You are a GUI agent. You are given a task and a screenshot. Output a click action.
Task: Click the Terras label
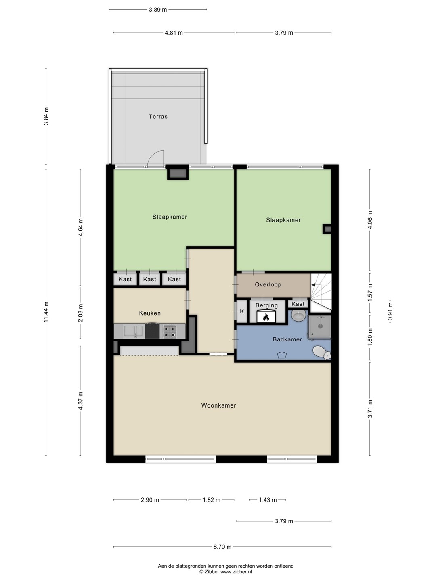pyautogui.click(x=158, y=117)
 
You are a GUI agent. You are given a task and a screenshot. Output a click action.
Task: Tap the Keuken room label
pyautogui.click(x=150, y=313)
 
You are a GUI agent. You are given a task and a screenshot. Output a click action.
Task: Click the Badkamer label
pyautogui.click(x=287, y=339)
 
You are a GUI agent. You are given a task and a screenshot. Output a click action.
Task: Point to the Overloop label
pyautogui.click(x=268, y=284)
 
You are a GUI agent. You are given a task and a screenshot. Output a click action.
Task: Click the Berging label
pyautogui.click(x=266, y=305)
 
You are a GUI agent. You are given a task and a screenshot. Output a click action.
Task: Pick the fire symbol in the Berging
pyautogui.click(x=266, y=317)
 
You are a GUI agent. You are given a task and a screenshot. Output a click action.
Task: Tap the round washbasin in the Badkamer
pyautogui.click(x=299, y=315)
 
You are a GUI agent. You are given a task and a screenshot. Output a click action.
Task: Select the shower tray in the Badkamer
pyautogui.click(x=319, y=327)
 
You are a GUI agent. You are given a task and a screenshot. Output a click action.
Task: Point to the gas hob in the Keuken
pyautogui.click(x=169, y=331)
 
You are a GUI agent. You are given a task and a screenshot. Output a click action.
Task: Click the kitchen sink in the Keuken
pyautogui.click(x=134, y=331)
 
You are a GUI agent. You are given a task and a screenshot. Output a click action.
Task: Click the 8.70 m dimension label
pyautogui.click(x=222, y=547)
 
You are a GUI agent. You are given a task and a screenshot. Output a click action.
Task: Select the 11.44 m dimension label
pyautogui.click(x=46, y=312)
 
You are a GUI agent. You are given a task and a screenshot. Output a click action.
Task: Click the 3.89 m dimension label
pyautogui.click(x=158, y=10)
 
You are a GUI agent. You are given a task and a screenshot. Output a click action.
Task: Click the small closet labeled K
pyautogui.click(x=242, y=311)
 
